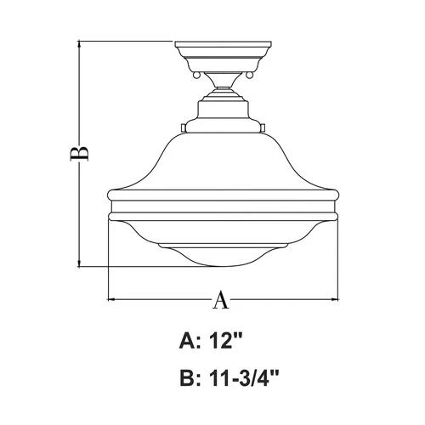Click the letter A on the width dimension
[220, 299]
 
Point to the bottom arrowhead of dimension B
[80, 263]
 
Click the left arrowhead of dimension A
[111, 299]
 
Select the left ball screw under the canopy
[197, 76]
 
